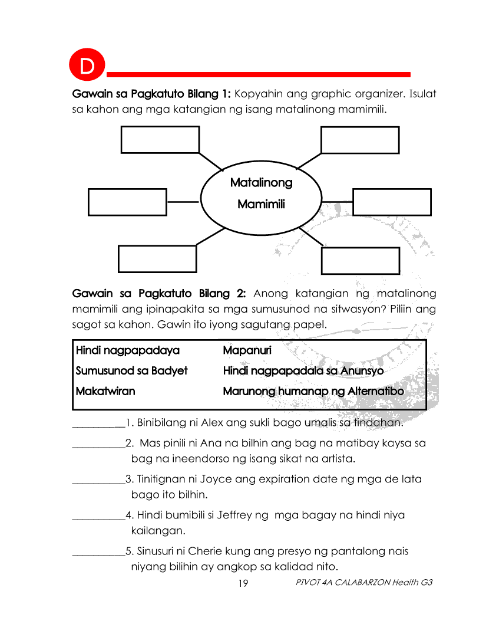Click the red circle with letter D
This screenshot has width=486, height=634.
[x=87, y=65]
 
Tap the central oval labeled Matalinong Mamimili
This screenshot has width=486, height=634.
[x=261, y=193]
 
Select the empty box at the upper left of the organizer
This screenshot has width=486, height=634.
[x=160, y=139]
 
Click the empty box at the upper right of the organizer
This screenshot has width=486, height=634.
[x=359, y=140]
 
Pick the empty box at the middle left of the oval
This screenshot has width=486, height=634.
[x=127, y=202]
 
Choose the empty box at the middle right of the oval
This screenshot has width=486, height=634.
[x=391, y=202]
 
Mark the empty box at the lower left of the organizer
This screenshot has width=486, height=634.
[x=157, y=259]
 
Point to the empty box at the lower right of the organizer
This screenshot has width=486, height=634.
[x=360, y=260]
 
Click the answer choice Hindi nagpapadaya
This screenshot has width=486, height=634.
[x=128, y=351]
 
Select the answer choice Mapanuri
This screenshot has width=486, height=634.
[x=247, y=351]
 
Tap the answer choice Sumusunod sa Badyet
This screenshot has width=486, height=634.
[x=132, y=371]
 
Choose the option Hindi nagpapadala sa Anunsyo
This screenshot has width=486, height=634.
[x=303, y=371]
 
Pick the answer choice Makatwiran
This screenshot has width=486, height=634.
[x=105, y=391]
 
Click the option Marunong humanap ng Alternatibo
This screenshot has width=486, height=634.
[x=313, y=391]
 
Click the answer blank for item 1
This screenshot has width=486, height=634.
[x=98, y=423]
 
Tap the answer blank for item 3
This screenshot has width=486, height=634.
[x=98, y=480]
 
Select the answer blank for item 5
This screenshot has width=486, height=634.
[x=98, y=553]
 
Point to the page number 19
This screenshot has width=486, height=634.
[x=243, y=583]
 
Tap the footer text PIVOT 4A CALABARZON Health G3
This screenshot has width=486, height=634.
[x=365, y=583]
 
